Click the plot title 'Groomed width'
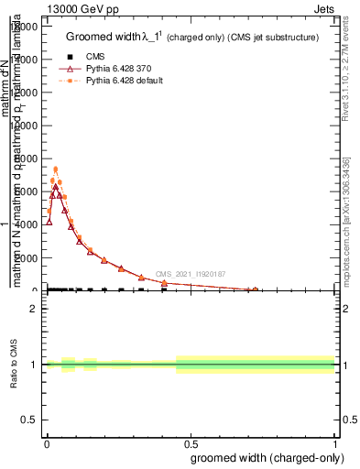(x=106, y=38)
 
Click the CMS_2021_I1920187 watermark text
(x=190, y=274)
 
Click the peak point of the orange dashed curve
(x=55, y=169)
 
